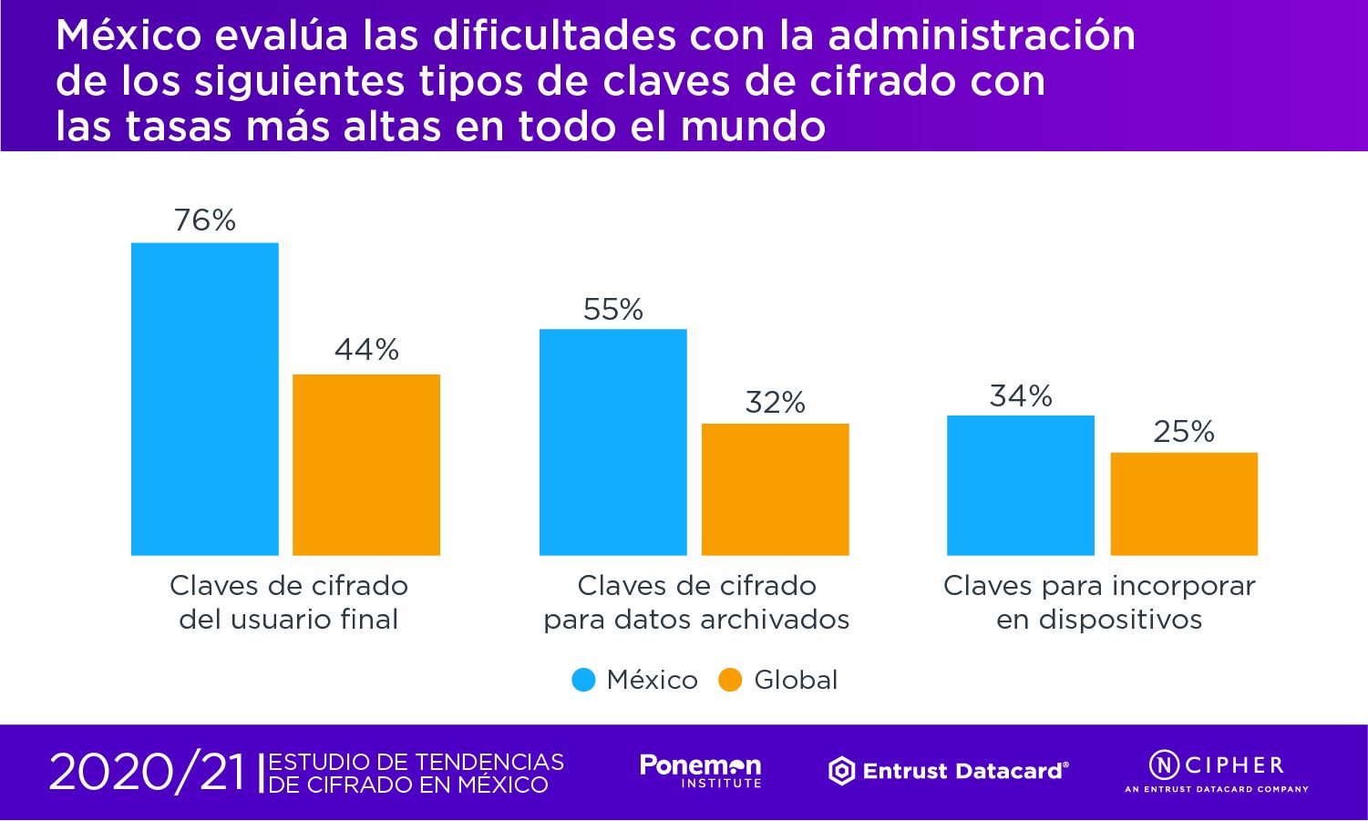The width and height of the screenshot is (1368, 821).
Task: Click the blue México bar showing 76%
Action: click(x=205, y=398)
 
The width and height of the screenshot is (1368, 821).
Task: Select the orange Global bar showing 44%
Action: click(x=366, y=464)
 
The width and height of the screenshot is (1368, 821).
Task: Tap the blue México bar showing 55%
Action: click(x=613, y=442)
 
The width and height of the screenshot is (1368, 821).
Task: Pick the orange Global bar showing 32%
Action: click(x=775, y=488)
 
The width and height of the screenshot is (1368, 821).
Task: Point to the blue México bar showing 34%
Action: click(x=1021, y=485)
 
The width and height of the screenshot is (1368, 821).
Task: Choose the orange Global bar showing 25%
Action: click(x=1184, y=503)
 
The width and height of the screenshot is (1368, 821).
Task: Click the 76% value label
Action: click(x=205, y=221)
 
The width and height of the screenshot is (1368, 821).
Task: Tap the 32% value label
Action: click(x=776, y=402)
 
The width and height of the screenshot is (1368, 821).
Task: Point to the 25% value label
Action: click(x=1184, y=431)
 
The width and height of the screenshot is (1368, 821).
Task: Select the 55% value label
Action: click(x=613, y=310)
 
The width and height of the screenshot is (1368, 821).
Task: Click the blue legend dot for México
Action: click(x=583, y=680)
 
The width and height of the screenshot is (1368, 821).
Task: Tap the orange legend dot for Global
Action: click(x=731, y=680)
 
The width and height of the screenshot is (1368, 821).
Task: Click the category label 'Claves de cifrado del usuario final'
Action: click(x=289, y=602)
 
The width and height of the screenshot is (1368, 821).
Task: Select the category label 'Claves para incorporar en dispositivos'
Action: click(x=1099, y=602)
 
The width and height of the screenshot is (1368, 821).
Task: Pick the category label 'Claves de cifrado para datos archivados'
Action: click(x=696, y=602)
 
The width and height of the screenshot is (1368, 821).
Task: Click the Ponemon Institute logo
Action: click(x=700, y=771)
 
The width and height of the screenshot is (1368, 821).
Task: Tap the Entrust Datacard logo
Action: click(x=948, y=771)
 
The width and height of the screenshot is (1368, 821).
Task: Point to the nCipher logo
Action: click(x=1217, y=770)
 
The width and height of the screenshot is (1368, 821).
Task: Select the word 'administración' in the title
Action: click(x=982, y=36)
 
